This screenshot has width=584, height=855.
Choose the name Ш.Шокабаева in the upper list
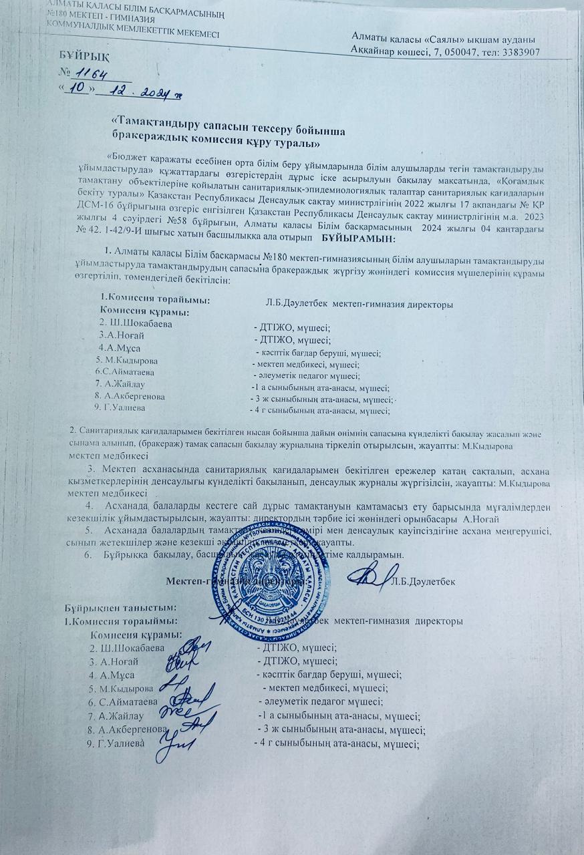(134, 324)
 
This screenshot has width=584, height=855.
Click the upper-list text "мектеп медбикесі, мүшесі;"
(308, 364)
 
